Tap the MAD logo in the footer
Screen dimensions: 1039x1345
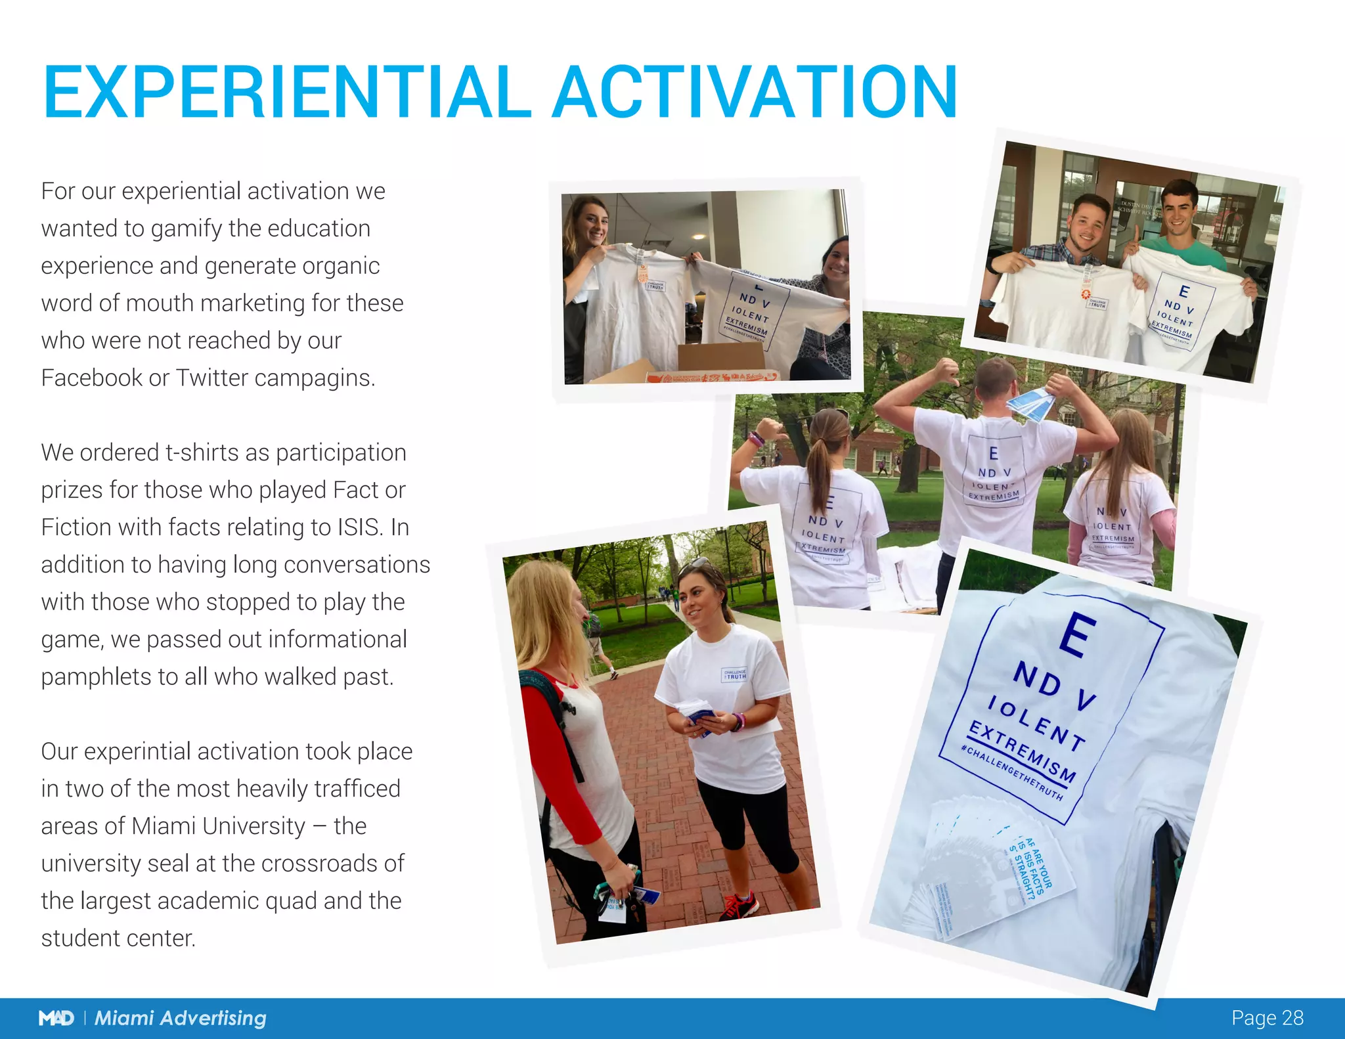point(56,1018)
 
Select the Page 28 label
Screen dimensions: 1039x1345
point(1267,1017)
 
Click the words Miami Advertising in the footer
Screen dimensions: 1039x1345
point(181,1018)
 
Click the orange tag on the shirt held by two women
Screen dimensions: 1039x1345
point(643,272)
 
